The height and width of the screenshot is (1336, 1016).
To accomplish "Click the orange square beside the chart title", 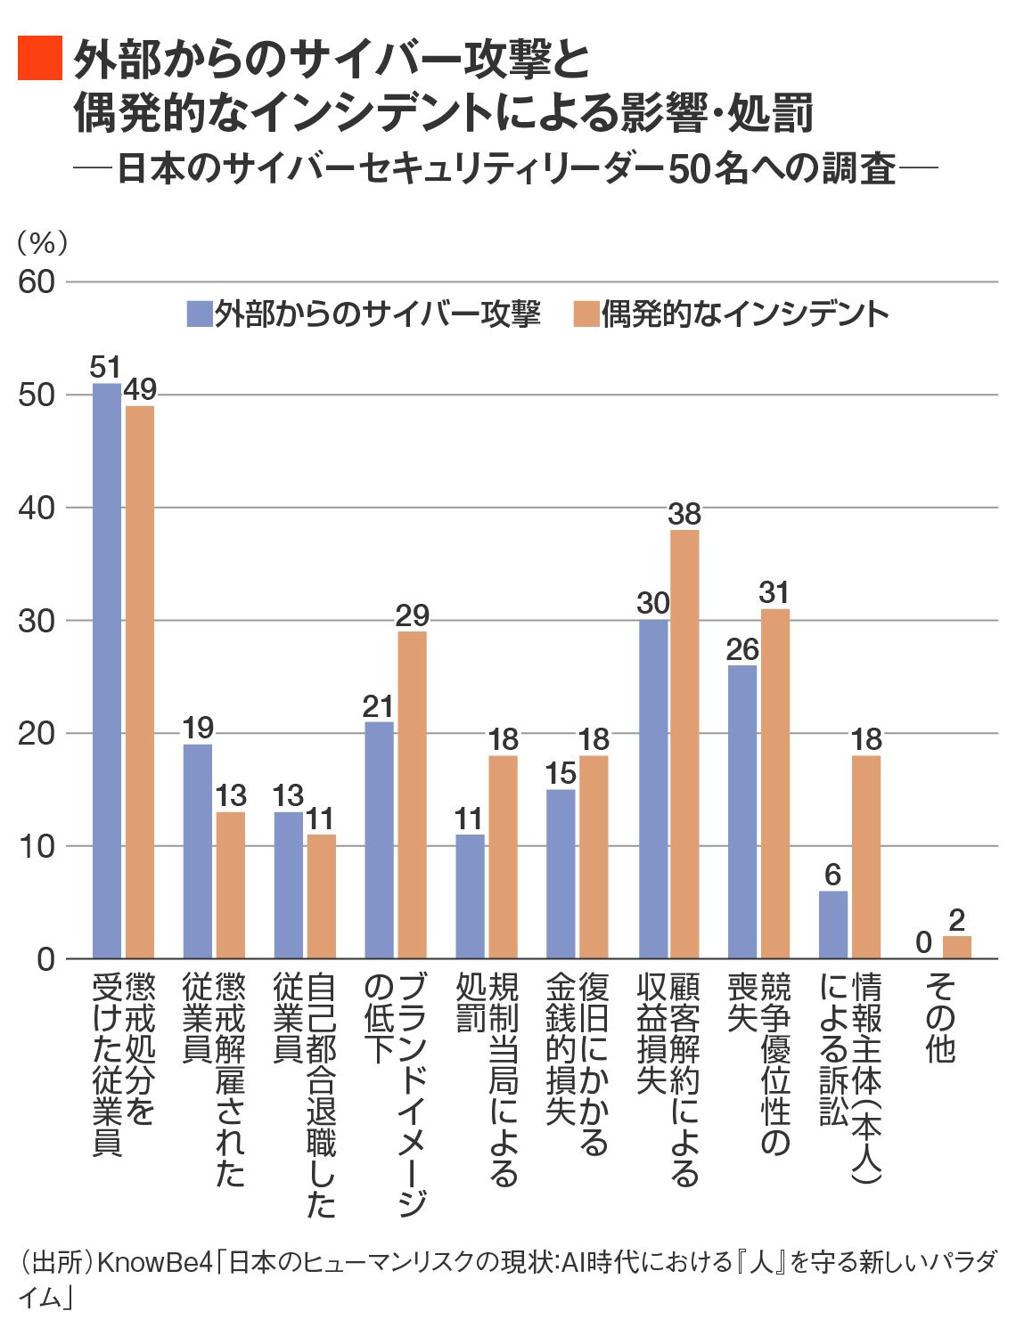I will pos(40,59).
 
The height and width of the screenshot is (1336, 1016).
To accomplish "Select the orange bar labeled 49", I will pos(140,681).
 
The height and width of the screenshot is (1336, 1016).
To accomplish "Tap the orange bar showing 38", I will pos(684,744).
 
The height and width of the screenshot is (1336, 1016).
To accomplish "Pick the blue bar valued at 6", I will pos(833,925).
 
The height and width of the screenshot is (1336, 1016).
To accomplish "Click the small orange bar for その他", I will pos(956,947).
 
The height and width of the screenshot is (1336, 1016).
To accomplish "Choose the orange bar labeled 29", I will pos(412,794).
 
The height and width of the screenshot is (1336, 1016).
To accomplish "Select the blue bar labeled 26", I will pos(742,811).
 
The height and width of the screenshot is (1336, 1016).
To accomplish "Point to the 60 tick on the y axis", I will pos(37,282).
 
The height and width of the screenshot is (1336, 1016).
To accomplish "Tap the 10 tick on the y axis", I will pos(37,846).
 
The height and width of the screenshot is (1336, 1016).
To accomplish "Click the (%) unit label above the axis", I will pos(42,242).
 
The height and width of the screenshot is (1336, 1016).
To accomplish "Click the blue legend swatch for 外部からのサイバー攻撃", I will pos(199,314).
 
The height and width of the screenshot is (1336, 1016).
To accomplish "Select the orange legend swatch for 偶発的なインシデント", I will pos(586,314).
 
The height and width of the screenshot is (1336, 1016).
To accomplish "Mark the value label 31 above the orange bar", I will pos(774,593).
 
